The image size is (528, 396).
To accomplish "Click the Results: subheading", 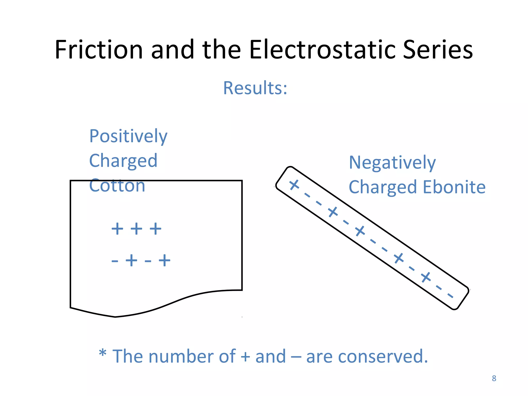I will [255, 88].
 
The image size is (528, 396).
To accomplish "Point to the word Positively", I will [128, 137].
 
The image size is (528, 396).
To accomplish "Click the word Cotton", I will [117, 186].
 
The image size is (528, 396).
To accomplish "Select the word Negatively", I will [392, 163].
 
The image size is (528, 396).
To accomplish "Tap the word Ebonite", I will [454, 187].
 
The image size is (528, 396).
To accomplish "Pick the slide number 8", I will [494, 378].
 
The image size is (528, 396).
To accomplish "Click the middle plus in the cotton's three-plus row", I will [136, 229].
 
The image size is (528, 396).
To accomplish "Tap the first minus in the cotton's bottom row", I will [115, 261].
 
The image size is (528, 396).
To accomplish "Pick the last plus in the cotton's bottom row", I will [164, 260].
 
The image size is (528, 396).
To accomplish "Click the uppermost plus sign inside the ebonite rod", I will [294, 185].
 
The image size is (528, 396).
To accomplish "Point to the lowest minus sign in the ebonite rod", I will [450, 295].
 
